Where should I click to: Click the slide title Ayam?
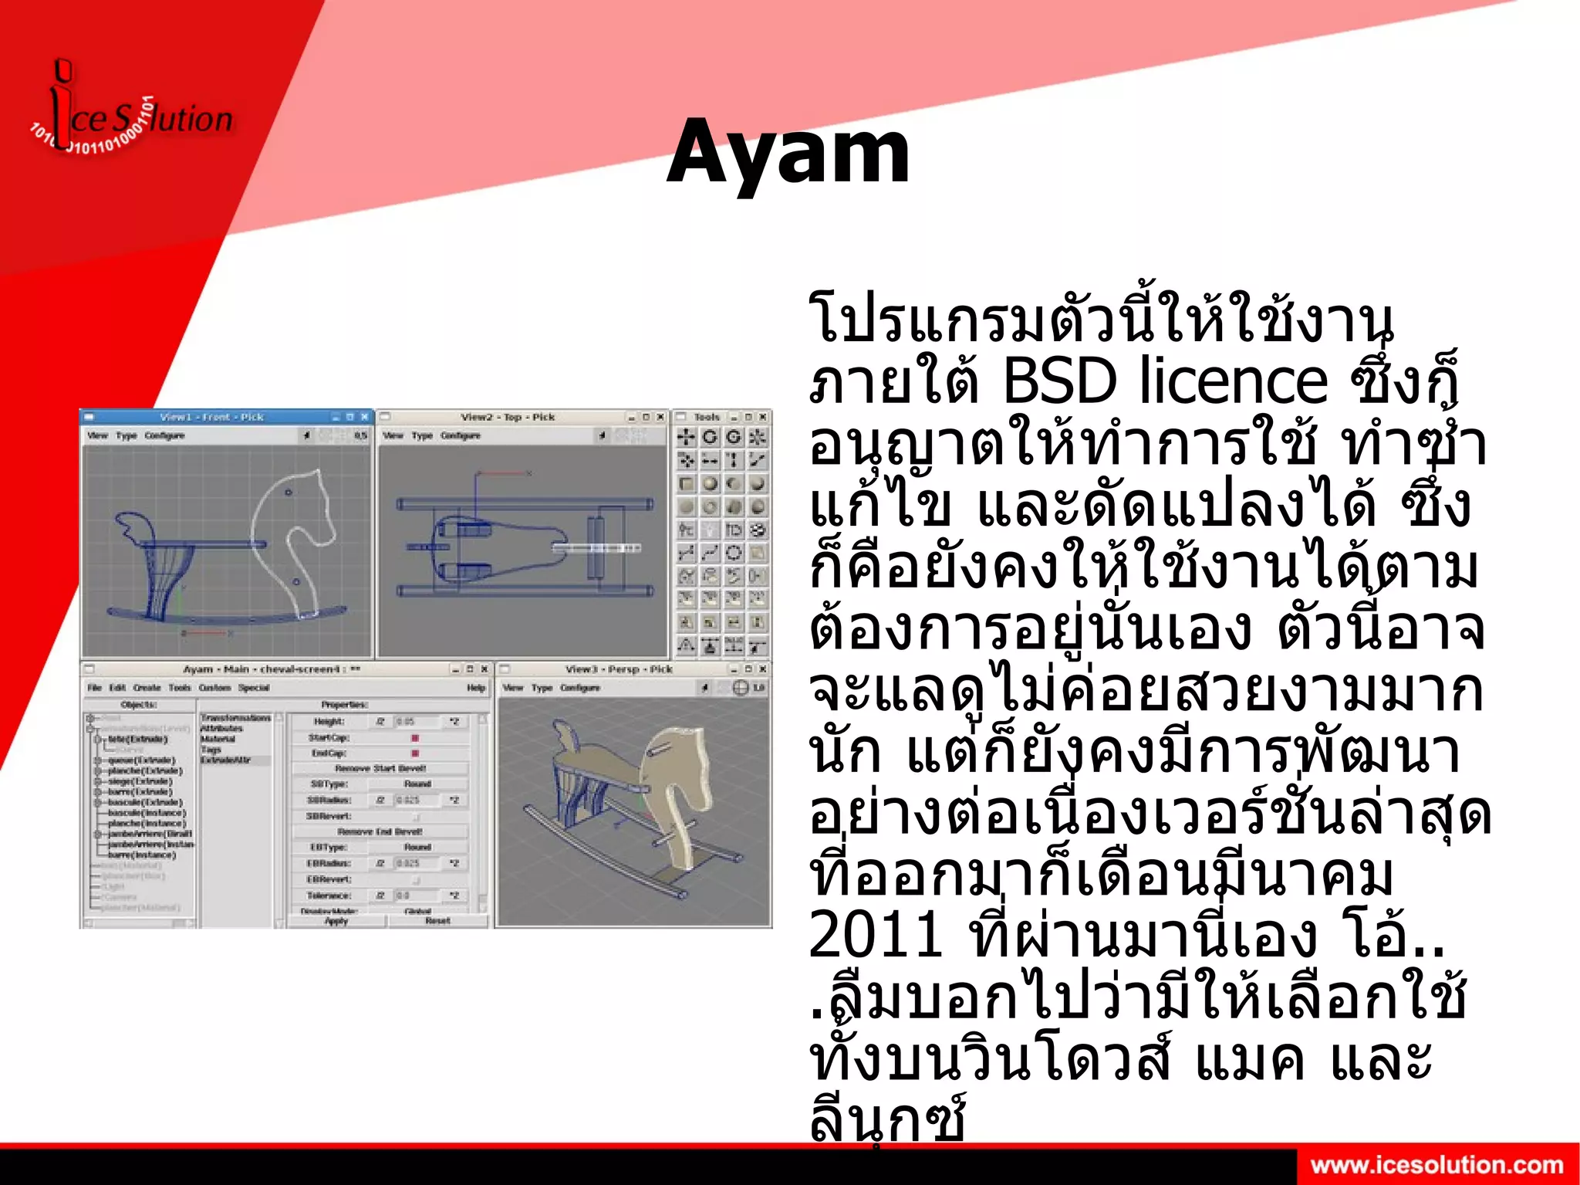click(788, 152)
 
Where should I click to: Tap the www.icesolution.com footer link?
click(1437, 1165)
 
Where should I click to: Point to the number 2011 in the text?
click(876, 934)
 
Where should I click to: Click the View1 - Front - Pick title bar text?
click(212, 417)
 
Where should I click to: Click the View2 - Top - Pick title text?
click(507, 417)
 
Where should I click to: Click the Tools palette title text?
click(706, 417)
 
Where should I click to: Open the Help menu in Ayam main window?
click(475, 688)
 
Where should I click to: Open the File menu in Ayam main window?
click(94, 688)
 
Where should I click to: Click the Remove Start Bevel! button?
click(380, 768)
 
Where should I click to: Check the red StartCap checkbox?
click(415, 738)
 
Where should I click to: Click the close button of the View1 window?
click(365, 417)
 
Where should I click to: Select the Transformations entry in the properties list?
click(235, 718)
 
